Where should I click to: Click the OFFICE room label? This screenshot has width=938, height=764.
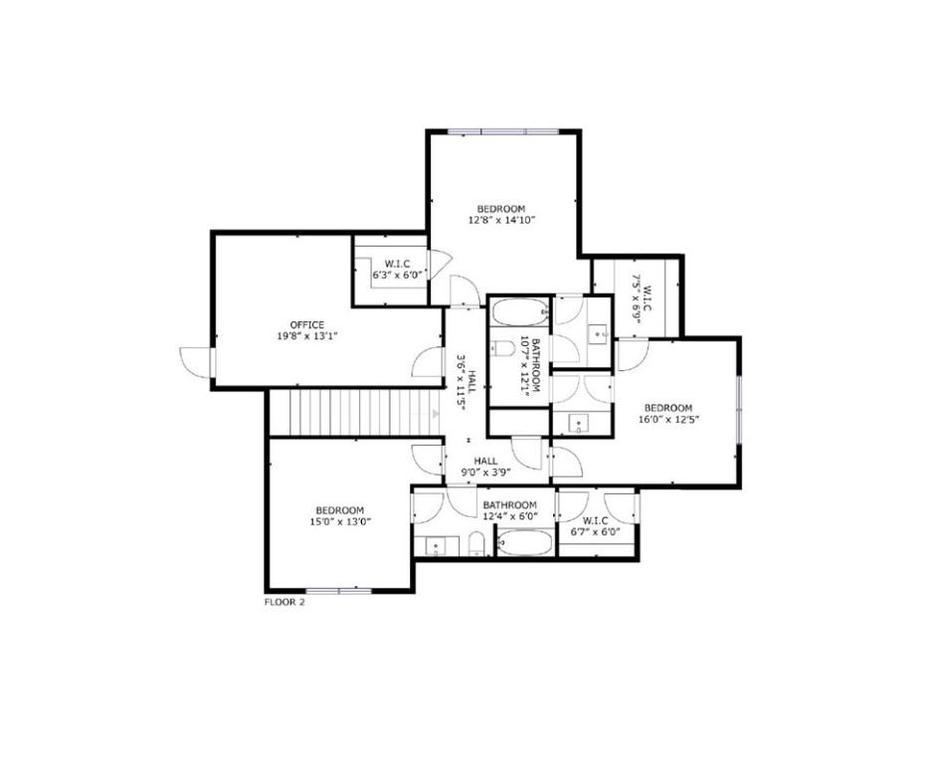(307, 325)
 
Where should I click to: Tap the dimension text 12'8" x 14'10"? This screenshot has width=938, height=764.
(502, 219)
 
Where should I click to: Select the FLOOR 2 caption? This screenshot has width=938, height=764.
(284, 602)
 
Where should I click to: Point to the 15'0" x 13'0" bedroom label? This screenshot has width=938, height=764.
(340, 520)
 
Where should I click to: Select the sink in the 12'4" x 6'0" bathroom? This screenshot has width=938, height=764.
(438, 545)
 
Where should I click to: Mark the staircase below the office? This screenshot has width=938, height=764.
(354, 412)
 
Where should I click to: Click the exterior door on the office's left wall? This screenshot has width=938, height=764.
(196, 361)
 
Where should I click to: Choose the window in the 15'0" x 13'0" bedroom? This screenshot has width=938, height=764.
(339, 590)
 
